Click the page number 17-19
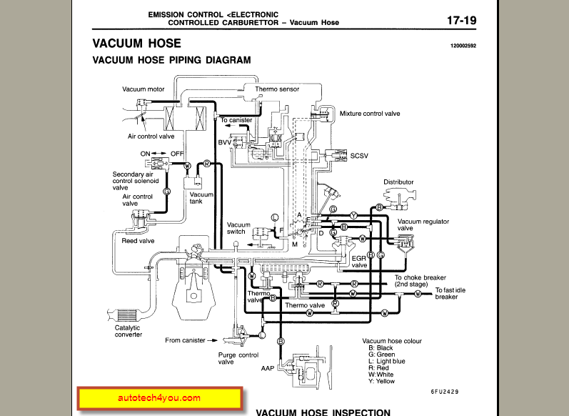coord(461,21)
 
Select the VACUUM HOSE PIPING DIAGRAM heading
coord(171,60)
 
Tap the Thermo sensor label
coord(272,89)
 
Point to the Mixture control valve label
coord(370,114)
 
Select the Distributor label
coord(398,182)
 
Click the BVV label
coord(225,143)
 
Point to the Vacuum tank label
coord(201,198)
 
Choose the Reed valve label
coord(138,241)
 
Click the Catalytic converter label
coord(129,331)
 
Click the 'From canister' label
coord(185,340)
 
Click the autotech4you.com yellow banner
coord(160,398)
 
